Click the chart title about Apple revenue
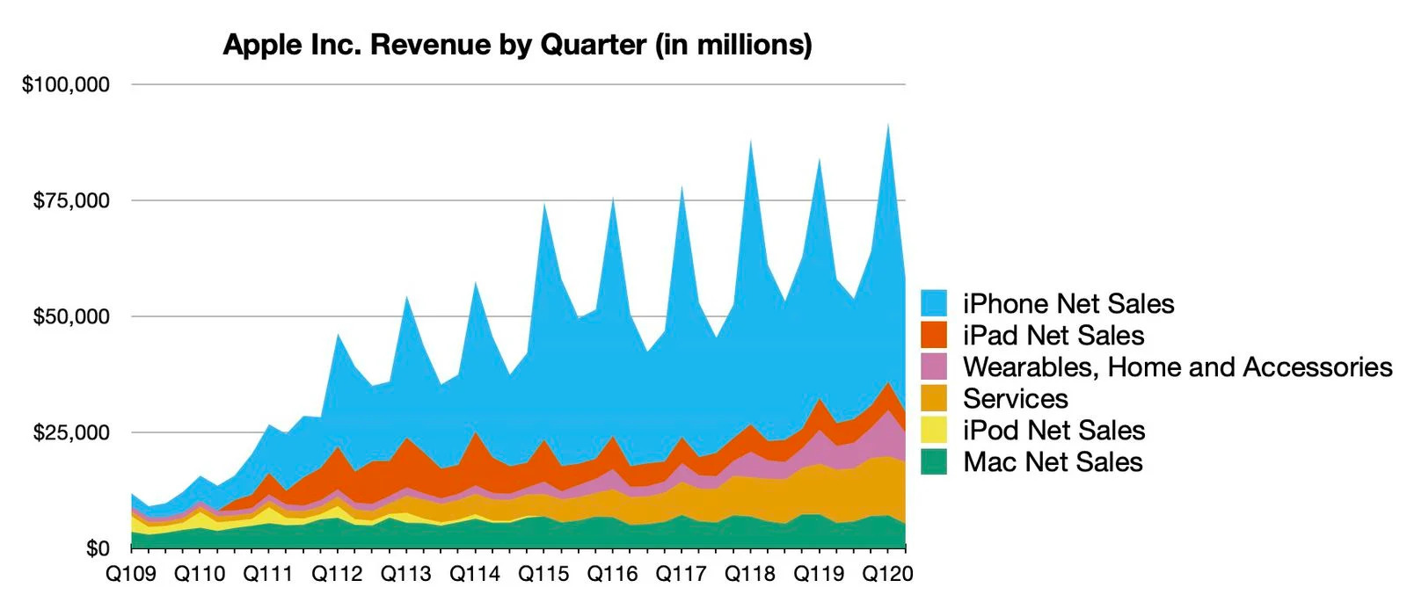click(517, 44)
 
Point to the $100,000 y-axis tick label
click(66, 84)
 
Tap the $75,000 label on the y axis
click(71, 200)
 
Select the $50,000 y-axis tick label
click(71, 316)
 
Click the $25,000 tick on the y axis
click(71, 432)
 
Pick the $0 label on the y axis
click(98, 548)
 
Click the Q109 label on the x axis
click(131, 574)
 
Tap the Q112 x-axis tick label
click(338, 574)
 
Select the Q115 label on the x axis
click(543, 574)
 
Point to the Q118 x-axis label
click(750, 574)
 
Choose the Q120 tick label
click(887, 574)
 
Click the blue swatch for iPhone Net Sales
click(934, 303)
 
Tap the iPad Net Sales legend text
click(1053, 335)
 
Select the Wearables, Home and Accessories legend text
click(1177, 366)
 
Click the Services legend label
click(1016, 398)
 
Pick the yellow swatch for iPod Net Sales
click(934, 430)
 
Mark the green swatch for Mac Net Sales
click(934, 461)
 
